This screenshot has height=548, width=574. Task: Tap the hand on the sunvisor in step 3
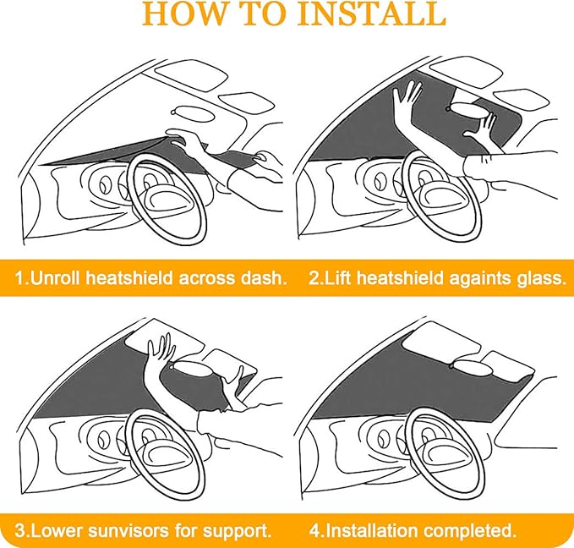coord(161,348)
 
